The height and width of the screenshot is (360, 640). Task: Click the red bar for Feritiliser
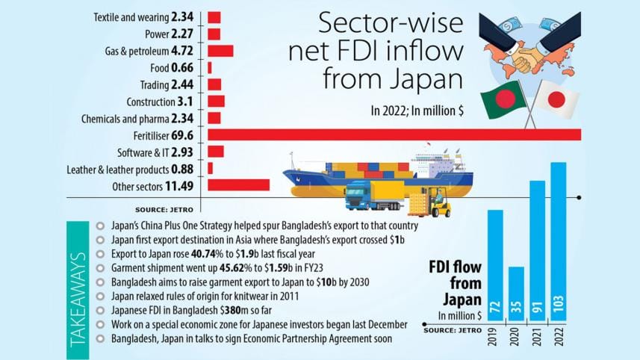point(394,134)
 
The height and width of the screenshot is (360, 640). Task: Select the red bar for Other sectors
point(238,185)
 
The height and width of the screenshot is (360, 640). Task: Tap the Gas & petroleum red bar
point(220,51)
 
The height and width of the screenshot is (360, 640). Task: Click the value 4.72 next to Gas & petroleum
point(183,51)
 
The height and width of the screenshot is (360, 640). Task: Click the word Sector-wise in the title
point(375,24)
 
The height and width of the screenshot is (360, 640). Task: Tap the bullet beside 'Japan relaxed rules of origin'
point(101,297)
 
